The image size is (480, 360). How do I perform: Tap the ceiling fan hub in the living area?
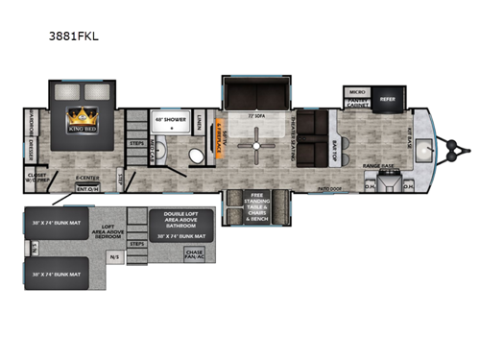click(x=257, y=147)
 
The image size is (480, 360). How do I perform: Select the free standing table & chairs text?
click(x=255, y=204)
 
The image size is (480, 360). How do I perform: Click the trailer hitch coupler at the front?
click(x=459, y=148)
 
